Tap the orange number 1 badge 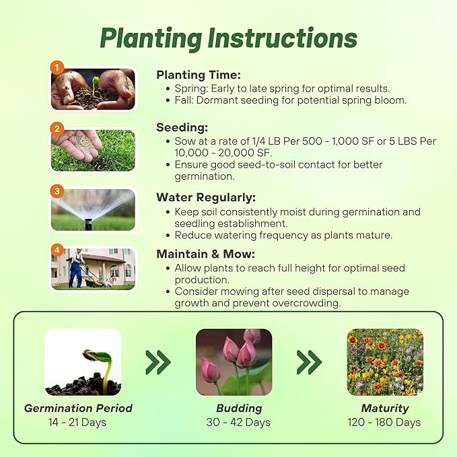tap(58, 68)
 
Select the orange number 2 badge tap(58, 128)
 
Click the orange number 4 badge tap(58, 250)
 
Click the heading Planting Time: tap(199, 75)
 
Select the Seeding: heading tap(182, 127)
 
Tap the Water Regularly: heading tap(206, 198)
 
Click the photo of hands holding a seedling tap(94, 90)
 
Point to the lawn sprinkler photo tap(94, 210)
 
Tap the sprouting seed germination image tap(83, 362)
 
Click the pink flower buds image tap(234, 362)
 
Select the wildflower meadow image tap(384, 362)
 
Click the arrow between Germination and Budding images tap(158, 362)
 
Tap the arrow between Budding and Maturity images tap(309, 362)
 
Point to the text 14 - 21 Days tap(78, 423)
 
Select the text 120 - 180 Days tap(384, 423)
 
